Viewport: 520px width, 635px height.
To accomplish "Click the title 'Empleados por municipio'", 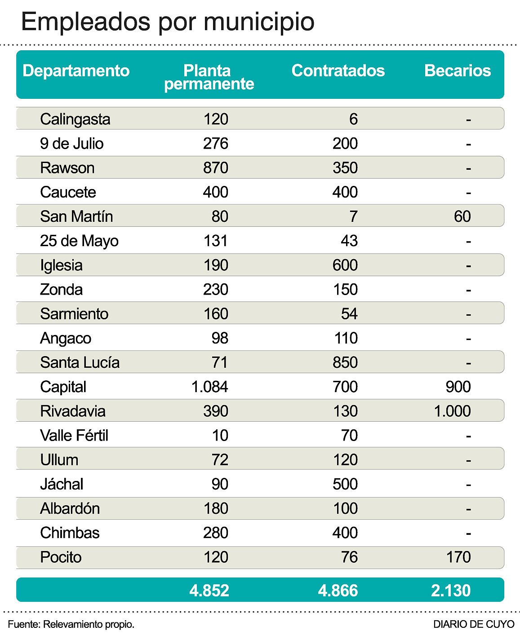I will pyautogui.click(x=167, y=22).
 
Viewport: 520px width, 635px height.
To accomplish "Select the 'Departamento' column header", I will pyautogui.click(x=76, y=71).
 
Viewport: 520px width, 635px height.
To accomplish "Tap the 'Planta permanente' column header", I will pyautogui.click(x=209, y=77).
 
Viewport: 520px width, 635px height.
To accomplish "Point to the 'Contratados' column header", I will pyautogui.click(x=338, y=71).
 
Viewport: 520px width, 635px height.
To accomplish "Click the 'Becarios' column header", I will pyautogui.click(x=457, y=71).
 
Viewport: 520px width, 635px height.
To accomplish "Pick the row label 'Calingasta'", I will pyautogui.click(x=75, y=119).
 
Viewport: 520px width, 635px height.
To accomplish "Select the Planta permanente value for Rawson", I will pyautogui.click(x=216, y=168).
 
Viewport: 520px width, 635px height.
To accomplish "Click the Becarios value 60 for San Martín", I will pyautogui.click(x=462, y=216).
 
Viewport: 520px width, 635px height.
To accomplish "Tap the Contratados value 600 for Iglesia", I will pyautogui.click(x=345, y=265).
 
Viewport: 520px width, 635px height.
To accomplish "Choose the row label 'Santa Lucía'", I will pyautogui.click(x=80, y=362).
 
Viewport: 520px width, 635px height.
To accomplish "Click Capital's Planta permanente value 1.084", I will pyautogui.click(x=210, y=387).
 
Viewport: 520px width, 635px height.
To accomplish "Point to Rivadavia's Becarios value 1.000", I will pyautogui.click(x=452, y=411).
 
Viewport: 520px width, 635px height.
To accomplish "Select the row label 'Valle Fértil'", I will pyautogui.click(x=74, y=436).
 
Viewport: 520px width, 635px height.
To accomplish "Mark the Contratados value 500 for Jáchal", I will pyautogui.click(x=345, y=484).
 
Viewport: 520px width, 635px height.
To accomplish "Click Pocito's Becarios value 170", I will pyautogui.click(x=458, y=557).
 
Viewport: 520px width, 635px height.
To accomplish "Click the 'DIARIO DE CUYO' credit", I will pyautogui.click(x=474, y=624).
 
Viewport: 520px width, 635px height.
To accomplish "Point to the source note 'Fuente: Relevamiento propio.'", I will pyautogui.click(x=71, y=624).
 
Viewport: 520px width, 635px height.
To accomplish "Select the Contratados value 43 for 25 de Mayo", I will pyautogui.click(x=349, y=241).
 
